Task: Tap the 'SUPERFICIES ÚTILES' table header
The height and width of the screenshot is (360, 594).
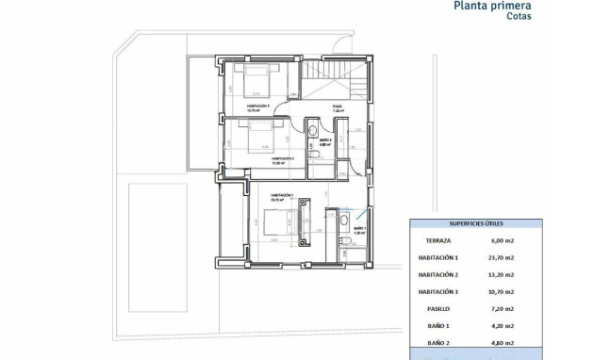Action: click(475, 224)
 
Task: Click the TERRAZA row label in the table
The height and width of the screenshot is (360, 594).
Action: click(438, 240)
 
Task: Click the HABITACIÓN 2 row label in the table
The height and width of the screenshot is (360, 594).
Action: click(438, 274)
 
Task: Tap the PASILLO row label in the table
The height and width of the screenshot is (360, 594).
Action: click(438, 308)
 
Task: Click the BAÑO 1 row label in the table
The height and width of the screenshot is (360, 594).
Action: click(438, 325)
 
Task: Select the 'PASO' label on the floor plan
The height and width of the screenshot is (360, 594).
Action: click(338, 106)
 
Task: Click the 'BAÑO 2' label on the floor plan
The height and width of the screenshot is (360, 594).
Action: click(324, 140)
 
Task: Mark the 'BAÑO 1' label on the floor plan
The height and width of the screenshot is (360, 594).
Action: click(359, 228)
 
